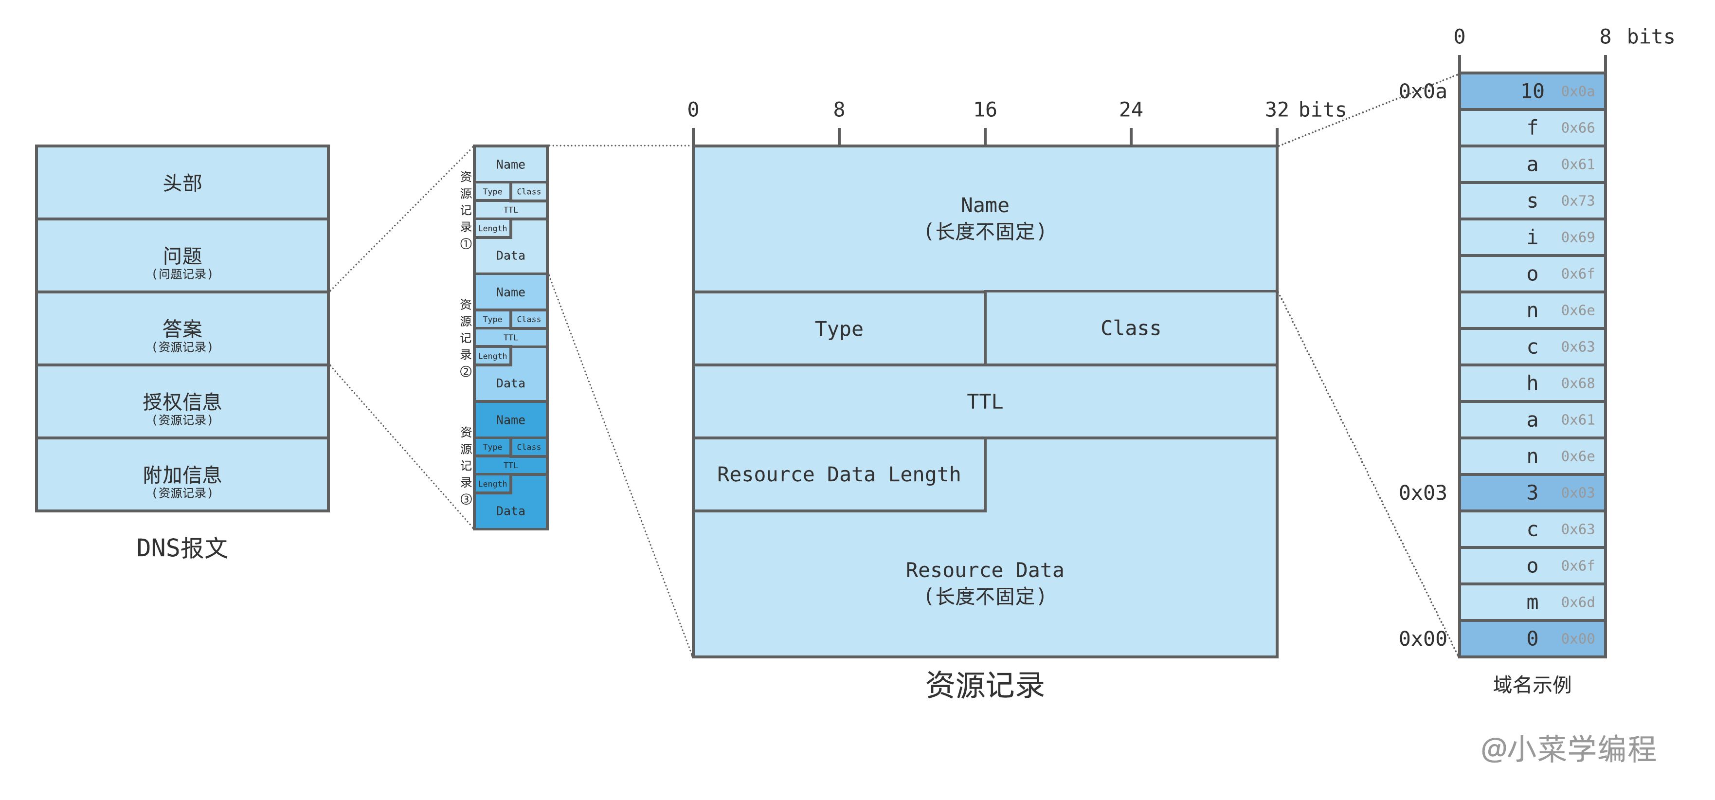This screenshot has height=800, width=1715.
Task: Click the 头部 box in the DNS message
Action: click(182, 182)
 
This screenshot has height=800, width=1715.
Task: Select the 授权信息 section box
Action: click(182, 401)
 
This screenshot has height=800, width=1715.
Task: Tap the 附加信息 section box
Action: click(182, 475)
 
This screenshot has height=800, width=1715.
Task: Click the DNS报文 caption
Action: click(182, 548)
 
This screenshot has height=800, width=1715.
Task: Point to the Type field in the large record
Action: click(838, 329)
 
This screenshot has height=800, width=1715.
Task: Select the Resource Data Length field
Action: click(838, 474)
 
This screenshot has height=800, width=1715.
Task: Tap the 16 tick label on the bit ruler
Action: click(985, 110)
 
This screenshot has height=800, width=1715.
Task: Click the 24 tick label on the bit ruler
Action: click(1131, 110)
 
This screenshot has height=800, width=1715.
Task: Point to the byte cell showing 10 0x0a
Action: click(1532, 91)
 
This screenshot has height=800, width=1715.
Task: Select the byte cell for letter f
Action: click(1532, 128)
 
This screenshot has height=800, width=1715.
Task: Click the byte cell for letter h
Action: click(1532, 383)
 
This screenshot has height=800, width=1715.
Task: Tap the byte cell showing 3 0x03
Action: click(1532, 493)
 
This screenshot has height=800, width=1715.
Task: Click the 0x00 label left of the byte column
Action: click(1422, 639)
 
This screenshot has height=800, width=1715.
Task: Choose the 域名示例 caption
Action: click(1532, 685)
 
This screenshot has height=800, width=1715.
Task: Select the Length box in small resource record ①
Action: click(493, 229)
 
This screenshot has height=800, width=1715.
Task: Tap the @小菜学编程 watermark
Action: click(1568, 749)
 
